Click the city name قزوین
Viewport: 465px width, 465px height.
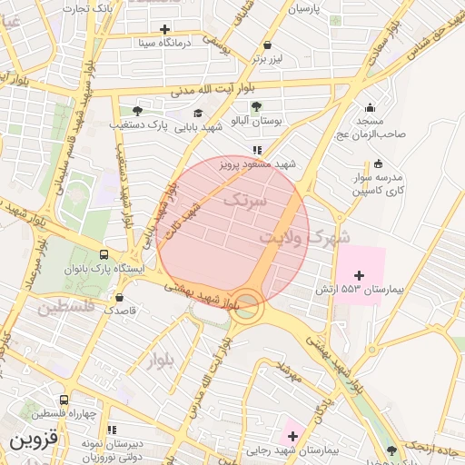click(34, 441)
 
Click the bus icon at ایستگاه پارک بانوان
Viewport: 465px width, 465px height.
click(104, 255)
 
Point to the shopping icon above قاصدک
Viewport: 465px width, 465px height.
click(119, 296)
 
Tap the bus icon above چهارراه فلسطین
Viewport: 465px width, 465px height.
click(64, 400)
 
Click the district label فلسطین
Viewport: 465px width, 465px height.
click(65, 309)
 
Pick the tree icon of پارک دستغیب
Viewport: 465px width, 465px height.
click(137, 110)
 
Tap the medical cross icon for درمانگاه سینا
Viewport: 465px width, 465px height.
click(163, 29)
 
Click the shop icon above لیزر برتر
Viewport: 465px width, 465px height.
click(267, 44)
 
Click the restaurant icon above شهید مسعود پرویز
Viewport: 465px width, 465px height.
click(257, 150)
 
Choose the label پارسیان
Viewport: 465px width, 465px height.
click(305, 8)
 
